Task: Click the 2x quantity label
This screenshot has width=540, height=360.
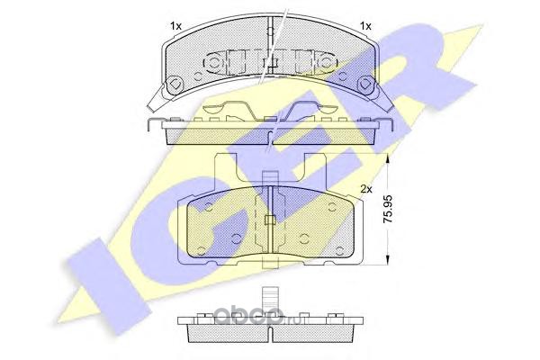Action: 366,189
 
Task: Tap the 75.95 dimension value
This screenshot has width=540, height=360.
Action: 388,209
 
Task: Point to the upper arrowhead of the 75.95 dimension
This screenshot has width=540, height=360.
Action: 389,158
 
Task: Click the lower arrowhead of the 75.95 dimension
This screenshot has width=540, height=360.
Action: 389,260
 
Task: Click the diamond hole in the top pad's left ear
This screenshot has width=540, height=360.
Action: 175,84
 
